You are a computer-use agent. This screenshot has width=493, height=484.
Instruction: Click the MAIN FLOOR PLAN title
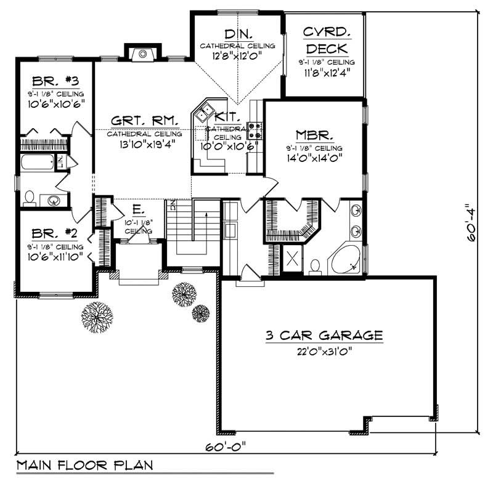[84, 464]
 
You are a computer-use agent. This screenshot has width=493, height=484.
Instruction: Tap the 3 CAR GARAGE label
[324, 336]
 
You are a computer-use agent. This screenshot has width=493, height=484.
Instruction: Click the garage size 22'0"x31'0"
[324, 352]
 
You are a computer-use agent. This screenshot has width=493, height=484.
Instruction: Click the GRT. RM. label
[145, 120]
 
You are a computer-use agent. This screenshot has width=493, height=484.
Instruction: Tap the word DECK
[326, 49]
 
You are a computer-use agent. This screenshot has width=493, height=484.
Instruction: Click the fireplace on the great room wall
[143, 54]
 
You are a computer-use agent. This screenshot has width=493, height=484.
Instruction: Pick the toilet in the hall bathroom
[29, 198]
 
